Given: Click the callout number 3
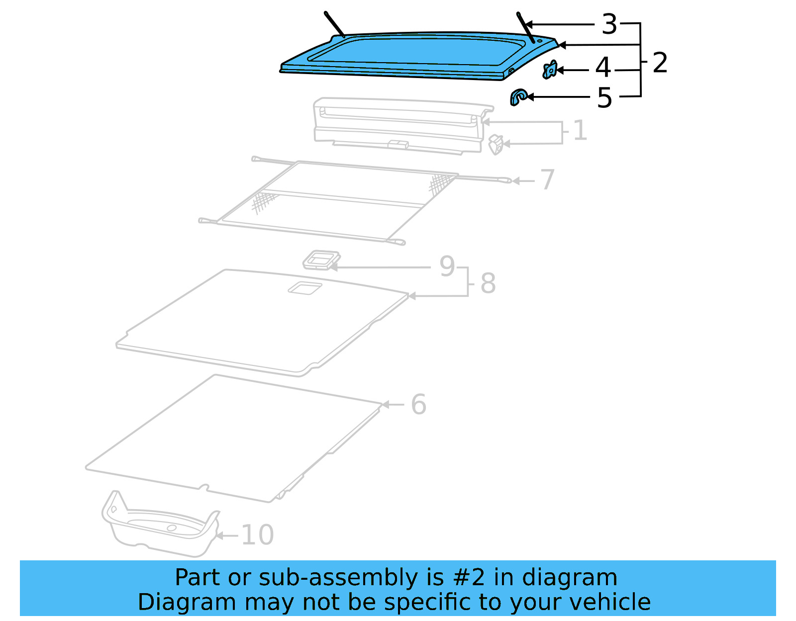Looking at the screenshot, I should [x=609, y=24].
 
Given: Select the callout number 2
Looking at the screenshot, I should [x=660, y=63].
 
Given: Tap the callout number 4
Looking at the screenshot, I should [x=603, y=67].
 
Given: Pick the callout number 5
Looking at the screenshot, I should [x=604, y=97].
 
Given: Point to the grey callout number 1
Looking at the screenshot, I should [x=580, y=130].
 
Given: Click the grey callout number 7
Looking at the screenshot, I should [x=547, y=179].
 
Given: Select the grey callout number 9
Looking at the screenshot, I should [x=447, y=266].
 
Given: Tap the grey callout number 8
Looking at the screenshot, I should [x=488, y=283].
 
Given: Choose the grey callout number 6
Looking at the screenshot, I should [x=418, y=404].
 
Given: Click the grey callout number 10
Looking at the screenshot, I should [x=257, y=535].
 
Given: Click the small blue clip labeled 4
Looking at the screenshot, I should [x=550, y=70].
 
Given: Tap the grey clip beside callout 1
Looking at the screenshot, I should [x=496, y=145].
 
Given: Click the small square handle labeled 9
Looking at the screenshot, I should [x=321, y=260].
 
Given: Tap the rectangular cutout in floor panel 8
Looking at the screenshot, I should [x=304, y=288].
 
